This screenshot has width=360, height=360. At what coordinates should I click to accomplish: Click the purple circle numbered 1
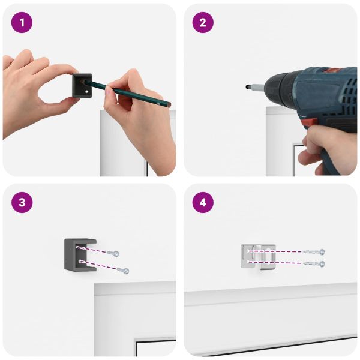point(22,23)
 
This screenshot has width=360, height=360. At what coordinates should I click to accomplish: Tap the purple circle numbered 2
point(203,23)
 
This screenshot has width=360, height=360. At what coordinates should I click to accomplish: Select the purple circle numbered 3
point(22,203)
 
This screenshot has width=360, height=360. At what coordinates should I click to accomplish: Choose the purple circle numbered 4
point(203,203)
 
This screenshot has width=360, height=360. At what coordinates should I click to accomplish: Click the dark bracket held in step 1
point(82,85)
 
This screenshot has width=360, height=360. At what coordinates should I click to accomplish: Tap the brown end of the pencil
point(169,106)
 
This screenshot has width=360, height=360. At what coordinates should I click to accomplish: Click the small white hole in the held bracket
point(86,92)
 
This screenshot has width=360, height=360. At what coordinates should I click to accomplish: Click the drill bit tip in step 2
point(247,87)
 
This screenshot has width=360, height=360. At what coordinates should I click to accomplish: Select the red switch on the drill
point(309,122)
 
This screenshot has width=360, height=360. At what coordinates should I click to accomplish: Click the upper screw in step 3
point(113,253)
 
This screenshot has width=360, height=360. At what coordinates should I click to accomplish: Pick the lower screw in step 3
point(123,270)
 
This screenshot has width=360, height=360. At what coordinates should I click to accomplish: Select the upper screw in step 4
point(314,252)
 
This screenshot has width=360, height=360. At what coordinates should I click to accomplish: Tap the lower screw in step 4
point(314,263)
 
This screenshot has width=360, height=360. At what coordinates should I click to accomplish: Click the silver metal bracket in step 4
point(258,257)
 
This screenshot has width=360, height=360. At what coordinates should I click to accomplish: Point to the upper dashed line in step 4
point(275,251)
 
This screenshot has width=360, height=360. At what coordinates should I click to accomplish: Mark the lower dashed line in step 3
point(98,265)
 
